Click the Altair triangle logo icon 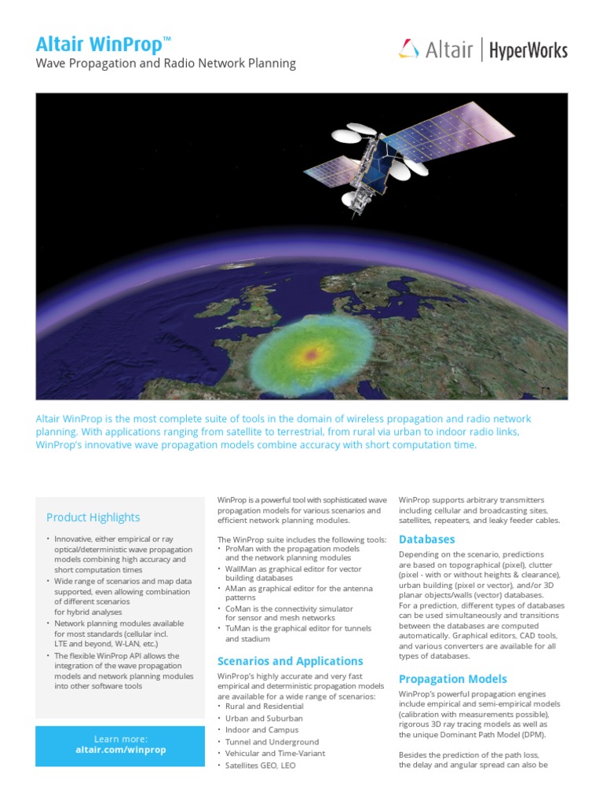click(x=408, y=50)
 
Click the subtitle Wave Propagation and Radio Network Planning click(x=166, y=64)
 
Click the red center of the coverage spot click(x=312, y=355)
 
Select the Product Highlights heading click(x=93, y=517)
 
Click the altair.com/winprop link click(x=120, y=750)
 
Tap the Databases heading click(x=426, y=539)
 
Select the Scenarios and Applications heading click(x=290, y=661)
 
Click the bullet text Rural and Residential click(x=264, y=707)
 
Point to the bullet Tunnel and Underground click(x=272, y=742)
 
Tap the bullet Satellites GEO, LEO click(x=260, y=766)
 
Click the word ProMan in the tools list click(x=240, y=549)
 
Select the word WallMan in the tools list click(x=243, y=568)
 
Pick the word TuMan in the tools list click(x=239, y=629)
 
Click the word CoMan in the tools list click(x=239, y=608)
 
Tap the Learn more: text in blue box click(x=120, y=739)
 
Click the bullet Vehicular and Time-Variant click(x=275, y=754)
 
